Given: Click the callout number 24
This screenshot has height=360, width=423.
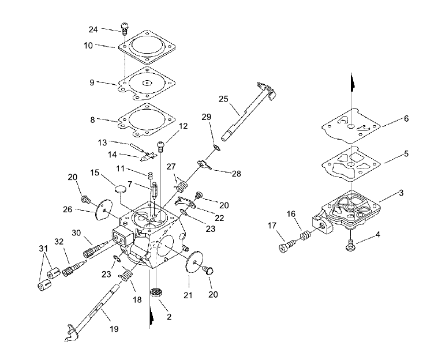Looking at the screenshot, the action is tap(93, 29).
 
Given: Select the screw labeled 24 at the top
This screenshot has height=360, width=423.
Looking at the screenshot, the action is tap(125, 28).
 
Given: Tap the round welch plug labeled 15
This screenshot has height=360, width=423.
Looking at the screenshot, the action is tap(120, 188).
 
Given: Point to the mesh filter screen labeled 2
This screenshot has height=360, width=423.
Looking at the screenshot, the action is tap(156, 292).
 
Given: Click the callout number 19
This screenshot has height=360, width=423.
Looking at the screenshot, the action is tap(114, 329).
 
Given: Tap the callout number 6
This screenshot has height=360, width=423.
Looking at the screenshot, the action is tap(406, 118).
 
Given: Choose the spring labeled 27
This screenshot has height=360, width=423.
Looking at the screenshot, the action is tap(181, 185).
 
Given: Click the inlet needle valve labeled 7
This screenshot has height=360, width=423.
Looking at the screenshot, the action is tap(155, 191).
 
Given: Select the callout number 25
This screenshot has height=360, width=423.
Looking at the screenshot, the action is tap(223, 99).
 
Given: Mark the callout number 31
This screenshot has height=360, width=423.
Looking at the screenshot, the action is tap(43, 248).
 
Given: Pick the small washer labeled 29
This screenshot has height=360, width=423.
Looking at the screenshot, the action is tap(216, 148).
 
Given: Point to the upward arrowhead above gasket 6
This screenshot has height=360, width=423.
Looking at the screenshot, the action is tap(352, 82).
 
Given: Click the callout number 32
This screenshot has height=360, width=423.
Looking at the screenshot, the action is tap(59, 242).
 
